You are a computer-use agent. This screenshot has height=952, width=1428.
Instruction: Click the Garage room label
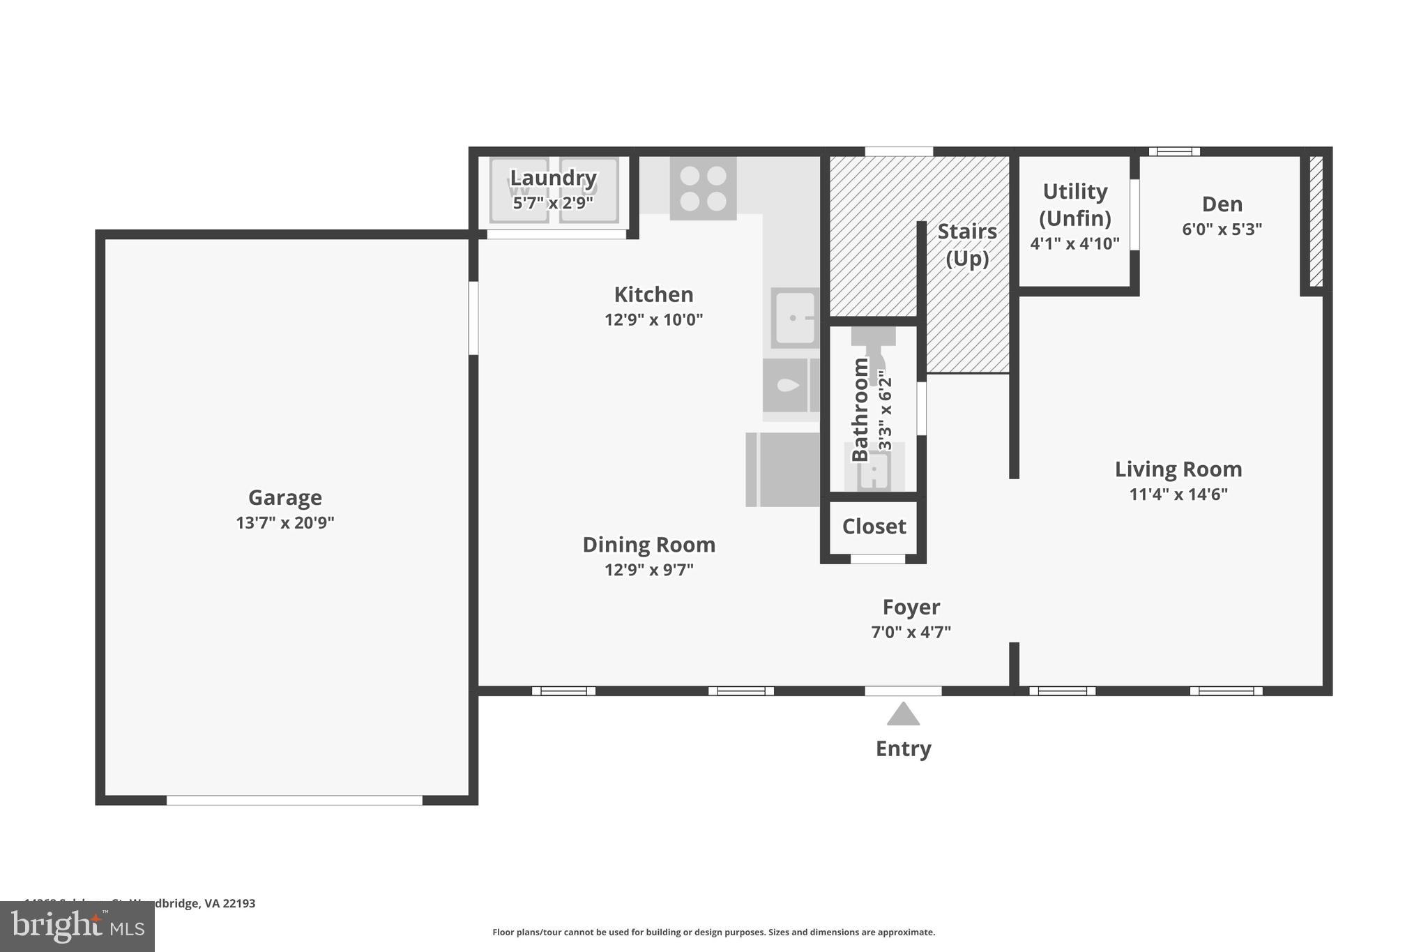[x=284, y=497]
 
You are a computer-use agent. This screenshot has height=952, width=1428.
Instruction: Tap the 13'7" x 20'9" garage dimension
[x=284, y=522]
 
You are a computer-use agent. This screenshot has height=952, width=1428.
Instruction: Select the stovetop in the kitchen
[x=703, y=188]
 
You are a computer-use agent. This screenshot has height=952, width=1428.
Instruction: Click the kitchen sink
[x=795, y=318]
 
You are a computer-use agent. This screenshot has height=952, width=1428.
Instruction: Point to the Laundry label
[x=553, y=178]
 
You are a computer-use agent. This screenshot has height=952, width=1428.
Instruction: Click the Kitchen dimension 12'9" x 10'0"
[x=653, y=320]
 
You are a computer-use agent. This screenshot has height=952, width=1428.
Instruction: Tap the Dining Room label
[x=648, y=545]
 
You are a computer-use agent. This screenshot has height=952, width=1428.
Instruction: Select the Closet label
[x=874, y=527]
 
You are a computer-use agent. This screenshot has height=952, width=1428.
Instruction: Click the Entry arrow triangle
[x=903, y=715]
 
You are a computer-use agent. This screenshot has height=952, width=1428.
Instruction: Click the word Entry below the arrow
[x=903, y=748]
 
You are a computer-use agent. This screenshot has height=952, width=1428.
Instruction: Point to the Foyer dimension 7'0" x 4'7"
[x=911, y=633]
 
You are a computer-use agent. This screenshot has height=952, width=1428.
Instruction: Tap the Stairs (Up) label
[x=967, y=245]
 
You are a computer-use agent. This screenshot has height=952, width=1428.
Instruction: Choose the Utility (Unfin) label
[x=1074, y=204]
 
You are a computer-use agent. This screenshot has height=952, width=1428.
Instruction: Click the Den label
[x=1222, y=204]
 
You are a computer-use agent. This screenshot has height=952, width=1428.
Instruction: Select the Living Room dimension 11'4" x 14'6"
[x=1178, y=494]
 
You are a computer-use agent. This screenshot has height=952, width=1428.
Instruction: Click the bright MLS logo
[x=77, y=926]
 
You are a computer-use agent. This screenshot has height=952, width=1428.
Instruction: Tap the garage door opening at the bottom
[x=294, y=800]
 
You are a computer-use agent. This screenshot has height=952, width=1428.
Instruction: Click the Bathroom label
[x=860, y=409]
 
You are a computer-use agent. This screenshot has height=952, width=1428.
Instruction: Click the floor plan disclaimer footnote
[x=713, y=932]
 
